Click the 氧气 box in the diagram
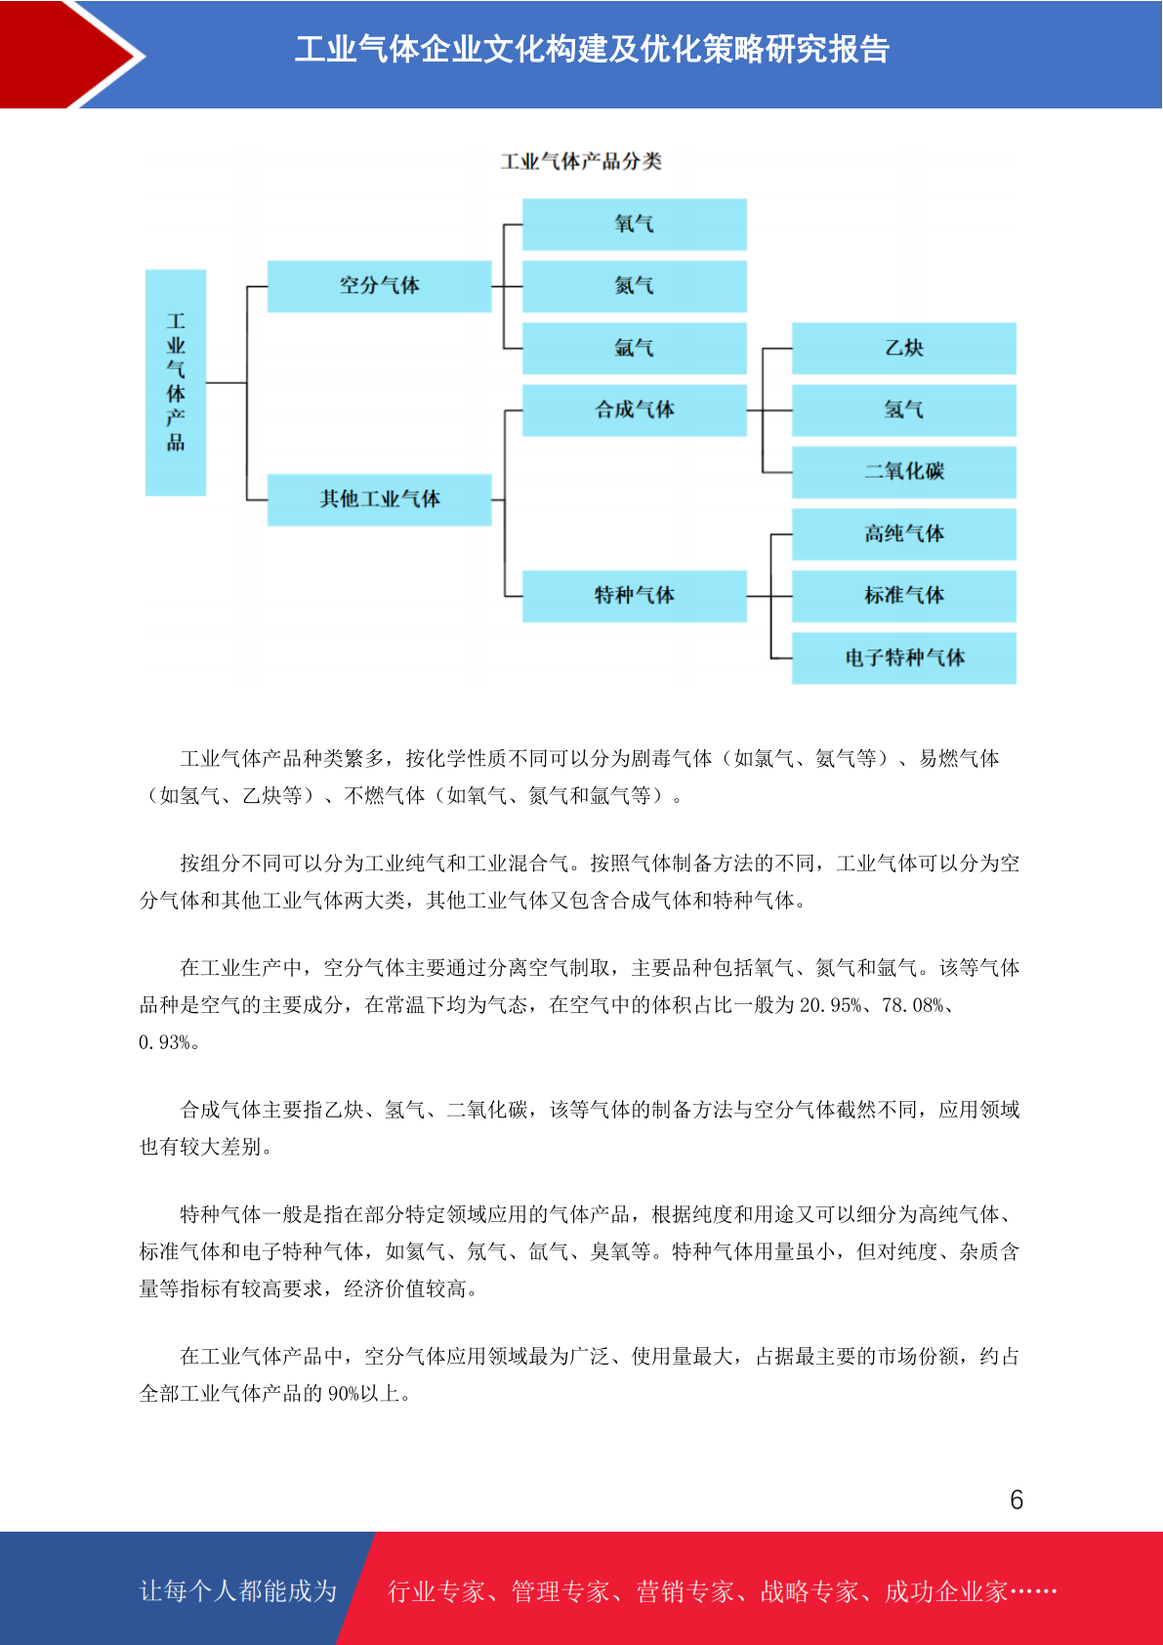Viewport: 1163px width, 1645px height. tap(634, 224)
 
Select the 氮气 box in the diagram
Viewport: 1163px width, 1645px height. tap(634, 285)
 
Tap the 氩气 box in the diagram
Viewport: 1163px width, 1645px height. tap(634, 348)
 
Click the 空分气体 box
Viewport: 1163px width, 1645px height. tap(379, 285)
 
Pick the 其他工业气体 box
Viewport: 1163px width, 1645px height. tap(379, 499)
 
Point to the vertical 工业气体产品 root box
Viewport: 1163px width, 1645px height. tap(176, 382)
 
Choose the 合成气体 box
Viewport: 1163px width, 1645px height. tap(634, 409)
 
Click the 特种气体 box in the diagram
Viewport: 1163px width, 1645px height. tap(634, 595)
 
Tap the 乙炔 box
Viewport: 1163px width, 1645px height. tap(903, 348)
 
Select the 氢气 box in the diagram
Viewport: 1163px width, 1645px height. tap(903, 409)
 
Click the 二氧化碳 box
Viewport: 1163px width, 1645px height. tap(903, 471)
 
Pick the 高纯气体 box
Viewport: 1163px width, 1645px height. tap(903, 533)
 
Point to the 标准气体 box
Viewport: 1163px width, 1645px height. tap(903, 595)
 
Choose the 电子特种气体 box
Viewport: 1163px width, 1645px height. tap(903, 657)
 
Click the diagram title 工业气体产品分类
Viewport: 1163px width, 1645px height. tap(581, 161)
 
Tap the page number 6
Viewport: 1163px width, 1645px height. tap(1017, 1499)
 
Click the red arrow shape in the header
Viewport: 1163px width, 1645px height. tap(68, 54)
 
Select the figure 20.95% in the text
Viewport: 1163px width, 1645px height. tap(830, 1005)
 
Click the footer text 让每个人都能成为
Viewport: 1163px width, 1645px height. tap(238, 1591)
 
